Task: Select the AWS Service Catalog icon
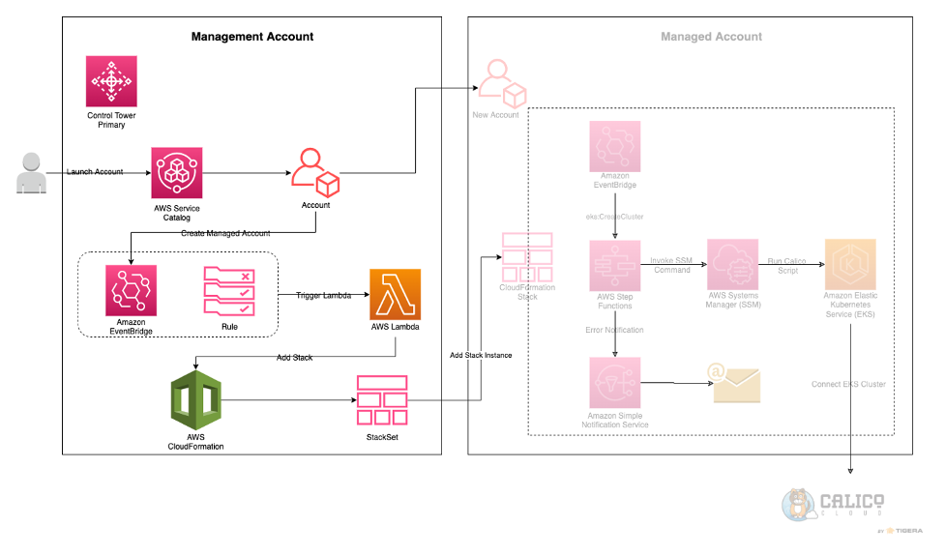coord(177,173)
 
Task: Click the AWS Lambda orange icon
coord(395,292)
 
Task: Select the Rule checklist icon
coord(229,291)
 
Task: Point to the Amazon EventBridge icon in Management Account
coord(131,291)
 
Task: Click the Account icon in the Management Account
coord(315,172)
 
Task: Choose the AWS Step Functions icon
coord(615,267)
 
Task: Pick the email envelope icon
coord(736,384)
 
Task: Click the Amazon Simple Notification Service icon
coord(615,382)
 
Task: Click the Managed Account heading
coord(711,37)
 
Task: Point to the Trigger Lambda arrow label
coord(323,294)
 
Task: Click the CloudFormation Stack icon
coord(526,257)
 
